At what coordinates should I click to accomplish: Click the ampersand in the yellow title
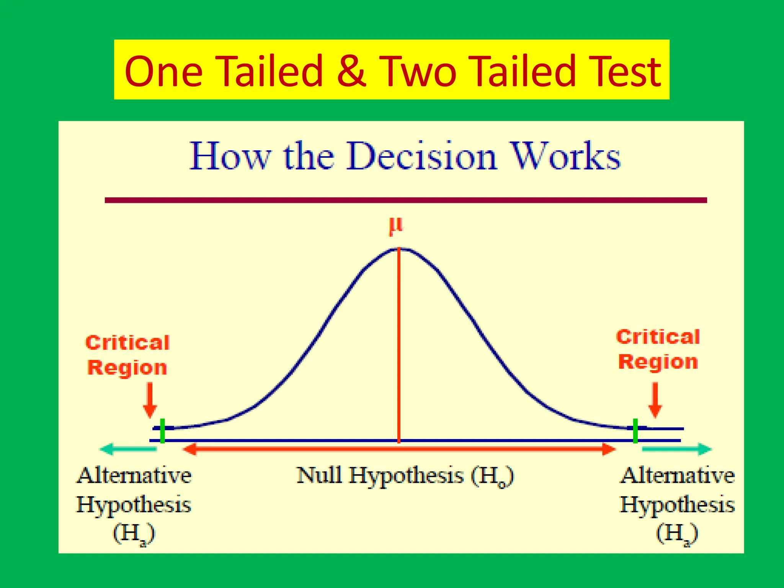pyautogui.click(x=351, y=71)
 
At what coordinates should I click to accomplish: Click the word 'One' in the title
pyautogui.click(x=163, y=71)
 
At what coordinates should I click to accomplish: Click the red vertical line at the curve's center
pyautogui.click(x=399, y=345)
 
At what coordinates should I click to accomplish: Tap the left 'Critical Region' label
pyautogui.click(x=127, y=355)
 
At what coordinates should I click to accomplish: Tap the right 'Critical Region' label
pyautogui.click(x=658, y=350)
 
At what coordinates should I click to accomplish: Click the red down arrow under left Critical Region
pyautogui.click(x=150, y=400)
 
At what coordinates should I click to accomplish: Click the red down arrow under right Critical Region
pyautogui.click(x=655, y=400)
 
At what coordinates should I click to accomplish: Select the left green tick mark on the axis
pyautogui.click(x=163, y=431)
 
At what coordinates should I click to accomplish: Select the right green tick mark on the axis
pyautogui.click(x=635, y=431)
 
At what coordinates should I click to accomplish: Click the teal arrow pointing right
pyautogui.click(x=677, y=449)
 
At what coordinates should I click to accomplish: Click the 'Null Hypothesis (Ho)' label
pyautogui.click(x=405, y=476)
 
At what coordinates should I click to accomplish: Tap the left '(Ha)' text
pyautogui.click(x=134, y=533)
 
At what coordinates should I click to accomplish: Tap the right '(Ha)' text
pyautogui.click(x=677, y=533)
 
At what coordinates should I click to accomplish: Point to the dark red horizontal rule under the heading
pyautogui.click(x=406, y=200)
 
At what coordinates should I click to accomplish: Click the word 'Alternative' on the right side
pyautogui.click(x=677, y=476)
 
